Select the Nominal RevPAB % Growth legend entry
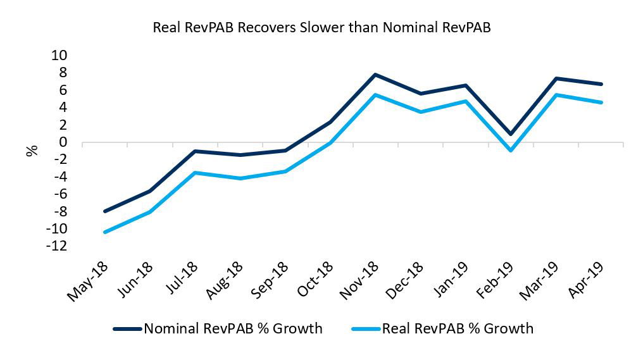click(218, 328)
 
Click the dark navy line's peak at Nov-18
click(375, 75)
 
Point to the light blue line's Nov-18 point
click(375, 95)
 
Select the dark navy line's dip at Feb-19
click(510, 134)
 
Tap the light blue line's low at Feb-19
click(510, 151)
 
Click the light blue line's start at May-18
click(104, 232)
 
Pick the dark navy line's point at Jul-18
click(195, 151)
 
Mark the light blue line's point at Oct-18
click(330, 143)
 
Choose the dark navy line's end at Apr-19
click(601, 84)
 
